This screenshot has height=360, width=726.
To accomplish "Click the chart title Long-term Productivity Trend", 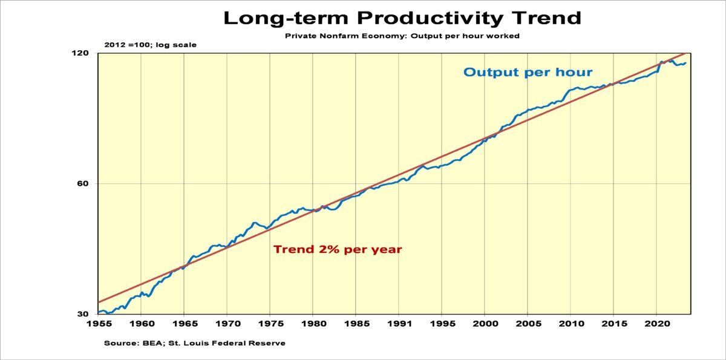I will click(x=402, y=18).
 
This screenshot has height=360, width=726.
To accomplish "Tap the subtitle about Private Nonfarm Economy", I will click(x=402, y=36).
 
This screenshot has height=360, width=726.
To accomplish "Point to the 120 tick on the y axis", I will click(x=81, y=53).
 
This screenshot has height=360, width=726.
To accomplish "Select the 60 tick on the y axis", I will click(x=83, y=184).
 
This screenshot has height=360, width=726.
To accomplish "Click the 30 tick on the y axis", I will click(x=83, y=314).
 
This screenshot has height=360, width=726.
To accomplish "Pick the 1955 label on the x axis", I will click(x=98, y=325).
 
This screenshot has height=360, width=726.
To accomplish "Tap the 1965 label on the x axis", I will click(x=184, y=325).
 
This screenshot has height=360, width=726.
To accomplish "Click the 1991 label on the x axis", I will click(x=399, y=325).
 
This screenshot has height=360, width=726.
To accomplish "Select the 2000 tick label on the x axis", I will click(x=485, y=325).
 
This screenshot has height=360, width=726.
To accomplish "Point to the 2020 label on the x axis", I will click(x=656, y=325).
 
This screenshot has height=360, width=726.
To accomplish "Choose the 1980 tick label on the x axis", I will click(x=313, y=325).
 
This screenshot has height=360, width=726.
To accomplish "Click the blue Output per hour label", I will click(x=528, y=73).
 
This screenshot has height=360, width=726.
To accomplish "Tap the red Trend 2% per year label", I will click(x=338, y=249).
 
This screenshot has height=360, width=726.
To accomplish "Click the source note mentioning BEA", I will click(x=194, y=343).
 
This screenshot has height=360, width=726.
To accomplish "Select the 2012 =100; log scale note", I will click(x=150, y=45).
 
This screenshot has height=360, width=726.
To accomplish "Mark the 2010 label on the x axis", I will click(x=571, y=325).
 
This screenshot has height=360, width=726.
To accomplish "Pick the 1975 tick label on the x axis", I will click(x=270, y=325).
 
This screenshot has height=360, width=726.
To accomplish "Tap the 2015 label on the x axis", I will click(x=613, y=325).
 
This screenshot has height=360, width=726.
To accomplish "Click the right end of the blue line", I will click(x=685, y=63).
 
